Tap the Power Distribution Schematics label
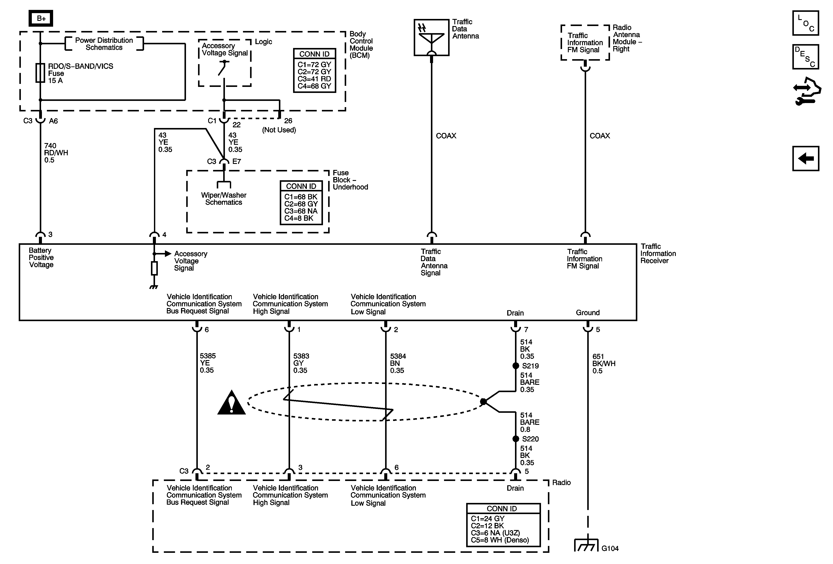coord(104,44)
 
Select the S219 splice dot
coord(515,366)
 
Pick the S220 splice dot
coord(515,439)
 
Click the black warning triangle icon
coord(231,403)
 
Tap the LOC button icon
coord(805,23)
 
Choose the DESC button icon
coord(805,57)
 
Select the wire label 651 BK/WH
coord(604,364)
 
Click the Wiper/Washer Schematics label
coord(224,199)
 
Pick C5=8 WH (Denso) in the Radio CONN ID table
coord(500,540)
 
